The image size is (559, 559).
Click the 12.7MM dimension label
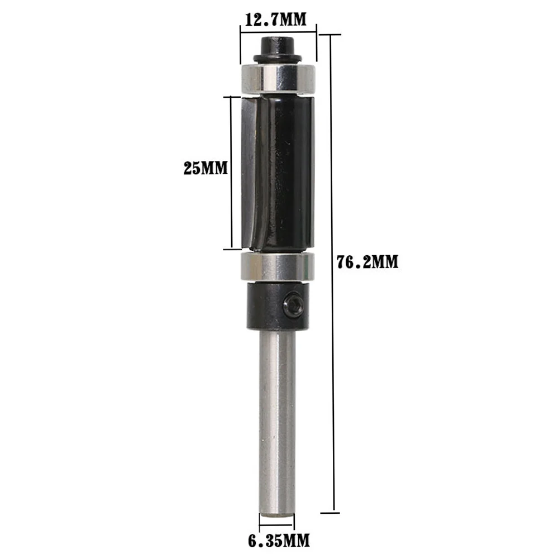tap(275, 19)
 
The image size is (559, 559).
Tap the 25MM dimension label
tap(206, 168)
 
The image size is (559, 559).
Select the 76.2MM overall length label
tap(367, 262)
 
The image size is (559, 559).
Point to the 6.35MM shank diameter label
tap(279, 541)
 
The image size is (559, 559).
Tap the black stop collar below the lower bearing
tap(278, 306)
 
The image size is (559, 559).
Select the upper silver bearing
tap(278, 79)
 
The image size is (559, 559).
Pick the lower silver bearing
tap(278, 266)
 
